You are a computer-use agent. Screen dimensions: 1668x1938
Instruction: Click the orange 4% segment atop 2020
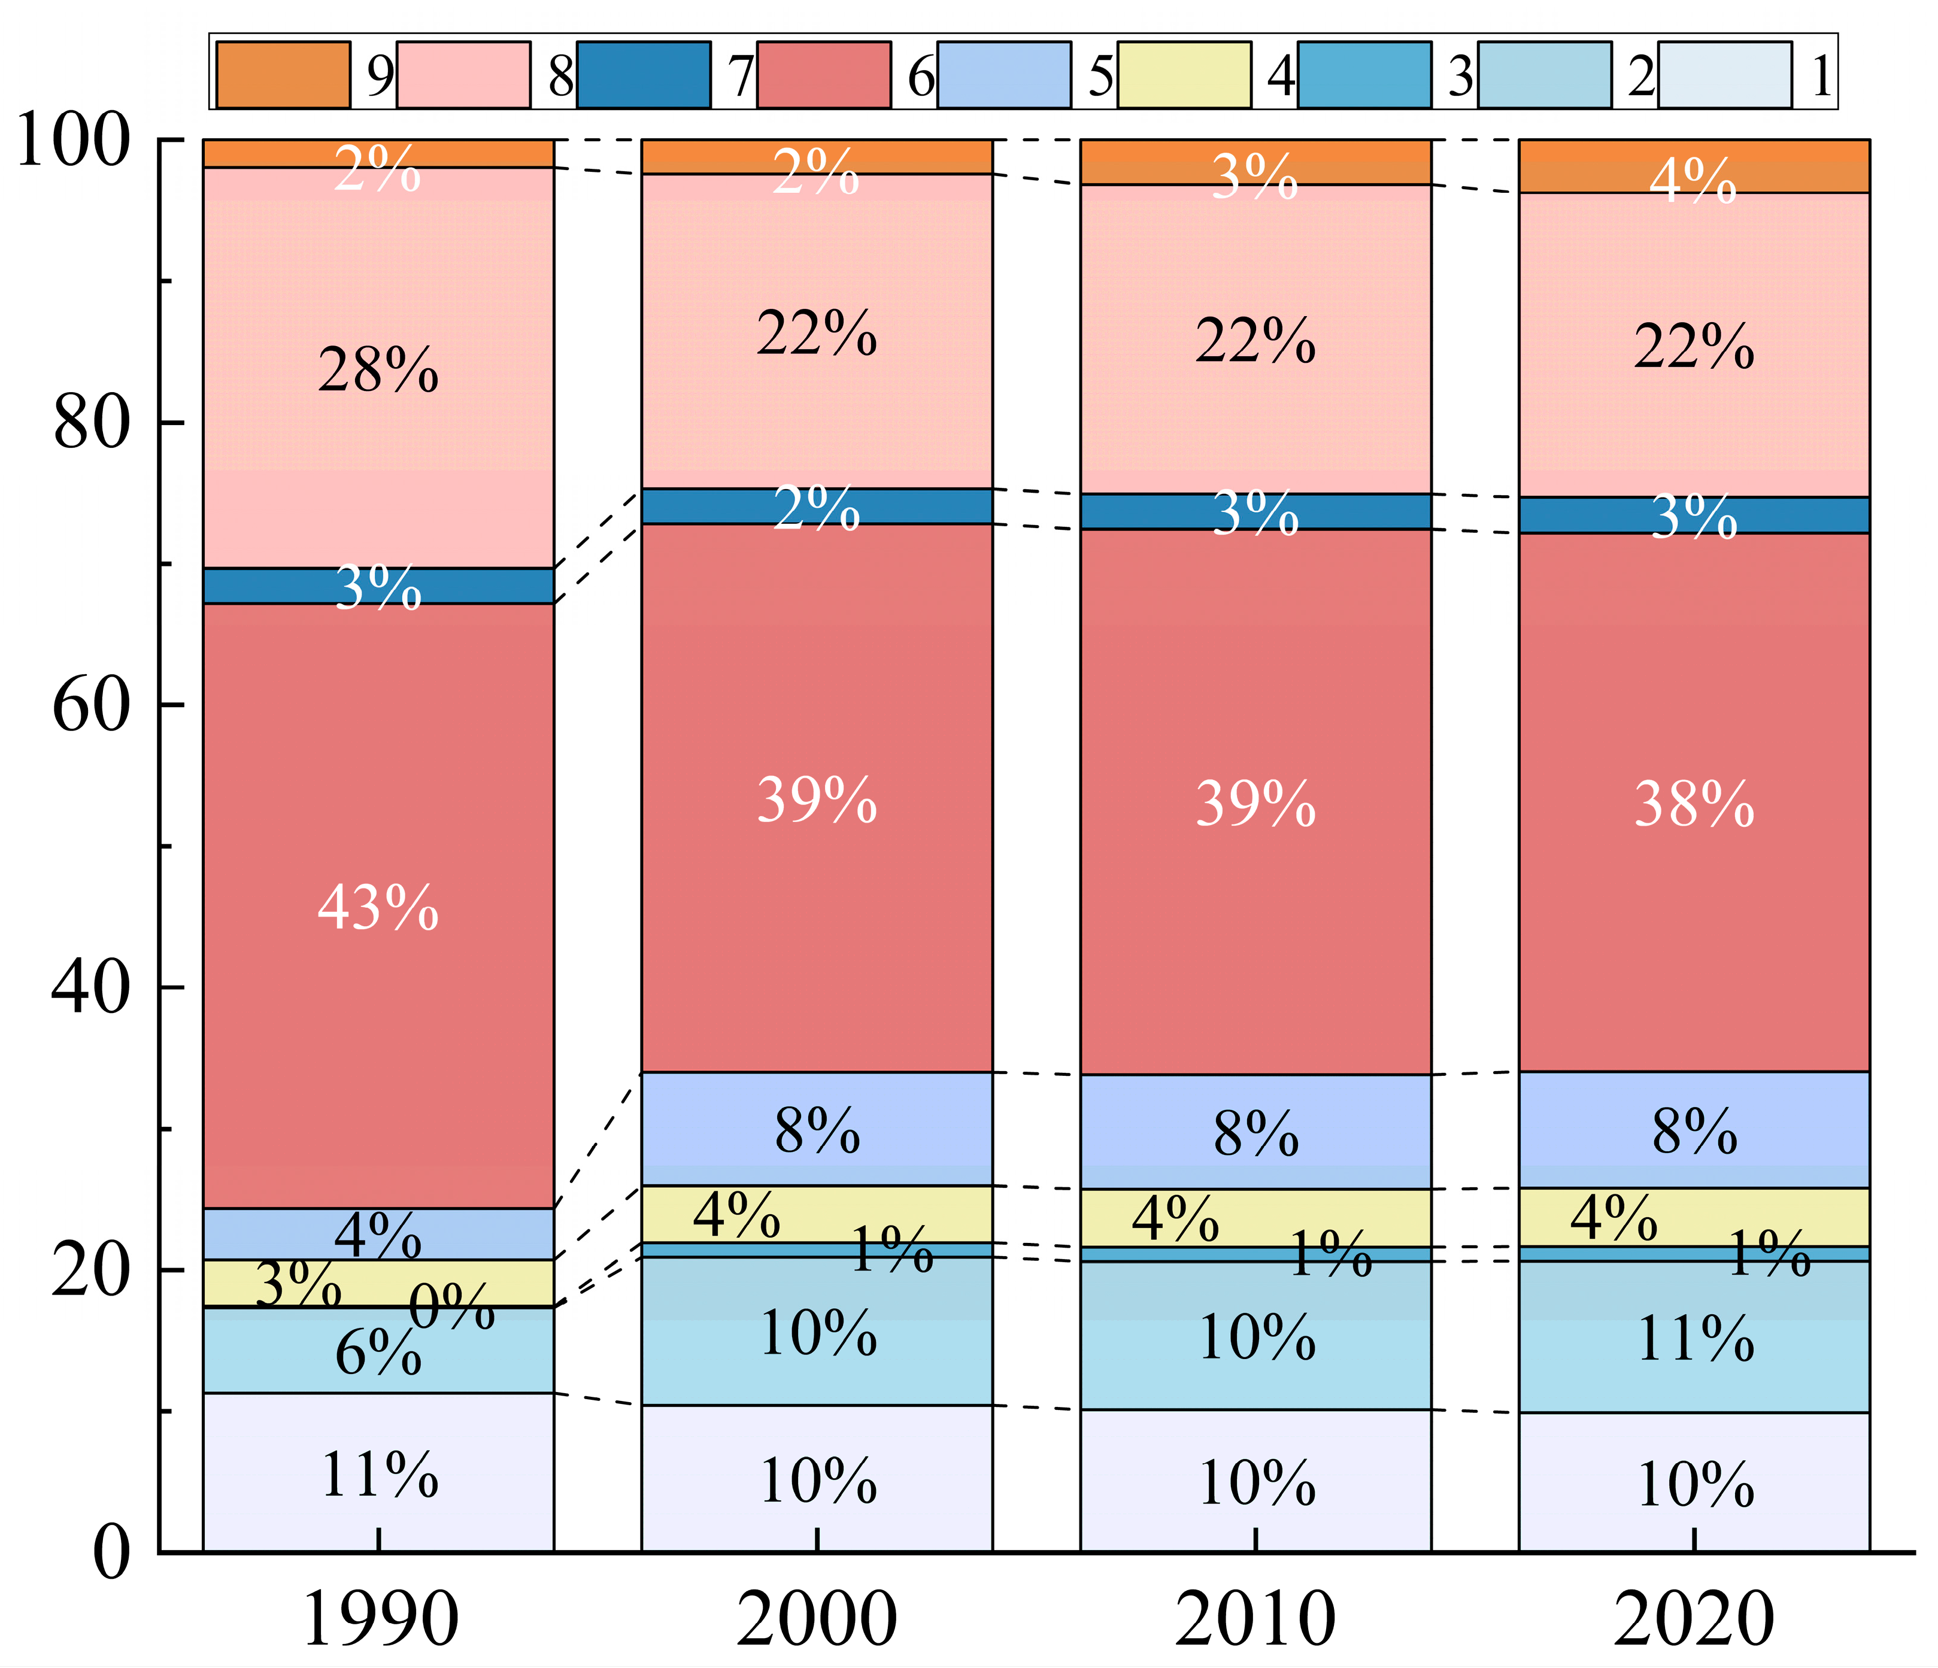[x=1694, y=166]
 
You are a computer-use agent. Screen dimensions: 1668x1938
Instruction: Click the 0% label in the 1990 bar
[x=452, y=1307]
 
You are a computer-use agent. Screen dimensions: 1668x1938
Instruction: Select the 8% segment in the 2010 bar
[x=1255, y=1132]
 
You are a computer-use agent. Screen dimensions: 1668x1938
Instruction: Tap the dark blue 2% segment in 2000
[x=817, y=506]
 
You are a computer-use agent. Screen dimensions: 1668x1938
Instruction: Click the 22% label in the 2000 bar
[x=817, y=333]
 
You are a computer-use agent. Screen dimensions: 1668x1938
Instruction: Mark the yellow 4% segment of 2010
[x=1255, y=1217]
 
